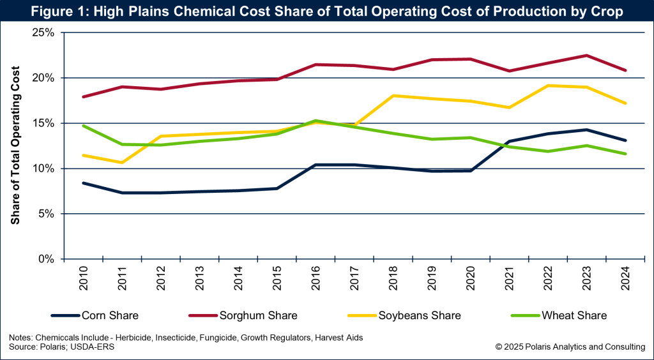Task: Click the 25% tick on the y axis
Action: click(45, 33)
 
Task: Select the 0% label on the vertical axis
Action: click(48, 259)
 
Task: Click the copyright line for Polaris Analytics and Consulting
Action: click(570, 347)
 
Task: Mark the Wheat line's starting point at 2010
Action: click(84, 126)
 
